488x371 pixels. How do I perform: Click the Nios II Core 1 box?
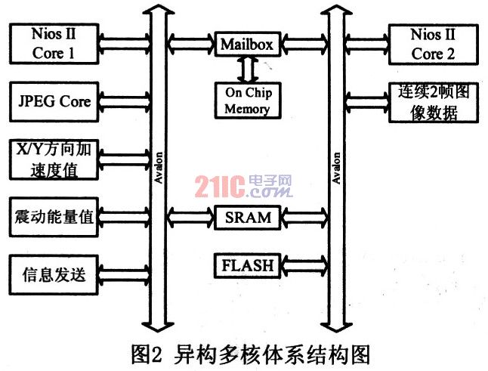[53, 43]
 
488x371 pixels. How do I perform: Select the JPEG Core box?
[53, 100]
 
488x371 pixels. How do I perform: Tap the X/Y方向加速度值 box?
[53, 159]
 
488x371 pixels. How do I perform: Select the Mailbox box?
[246, 44]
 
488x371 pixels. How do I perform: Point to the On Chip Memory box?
[246, 99]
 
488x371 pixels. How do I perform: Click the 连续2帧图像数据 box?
[428, 104]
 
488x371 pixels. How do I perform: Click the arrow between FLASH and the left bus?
[190, 266]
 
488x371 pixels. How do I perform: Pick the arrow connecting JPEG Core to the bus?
[125, 100]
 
